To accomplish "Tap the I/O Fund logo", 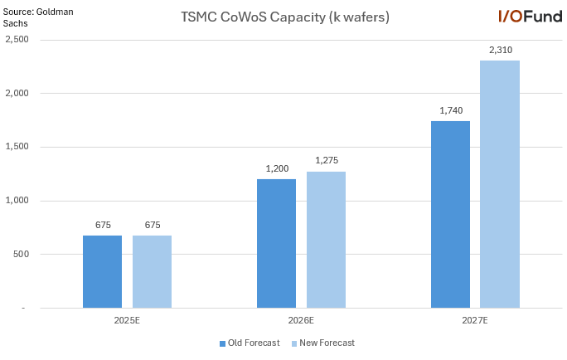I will (529, 16).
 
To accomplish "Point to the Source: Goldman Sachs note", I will (30, 17).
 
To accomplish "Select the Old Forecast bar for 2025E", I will (102, 271).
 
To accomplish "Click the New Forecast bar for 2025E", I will (152, 271).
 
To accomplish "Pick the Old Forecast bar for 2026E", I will (276, 243).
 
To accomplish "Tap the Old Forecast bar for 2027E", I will (450, 214).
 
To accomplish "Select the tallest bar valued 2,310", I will (500, 183).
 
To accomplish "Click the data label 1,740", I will (450, 110).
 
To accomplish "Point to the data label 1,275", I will (326, 160).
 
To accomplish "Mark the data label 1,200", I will (276, 168).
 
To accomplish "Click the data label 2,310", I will (500, 50).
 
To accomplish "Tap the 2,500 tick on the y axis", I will (15, 40).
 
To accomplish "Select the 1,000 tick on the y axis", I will (15, 201).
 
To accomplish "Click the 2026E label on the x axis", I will (301, 319).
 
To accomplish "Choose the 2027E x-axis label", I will (475, 319).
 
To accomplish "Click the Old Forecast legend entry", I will (250, 343).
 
